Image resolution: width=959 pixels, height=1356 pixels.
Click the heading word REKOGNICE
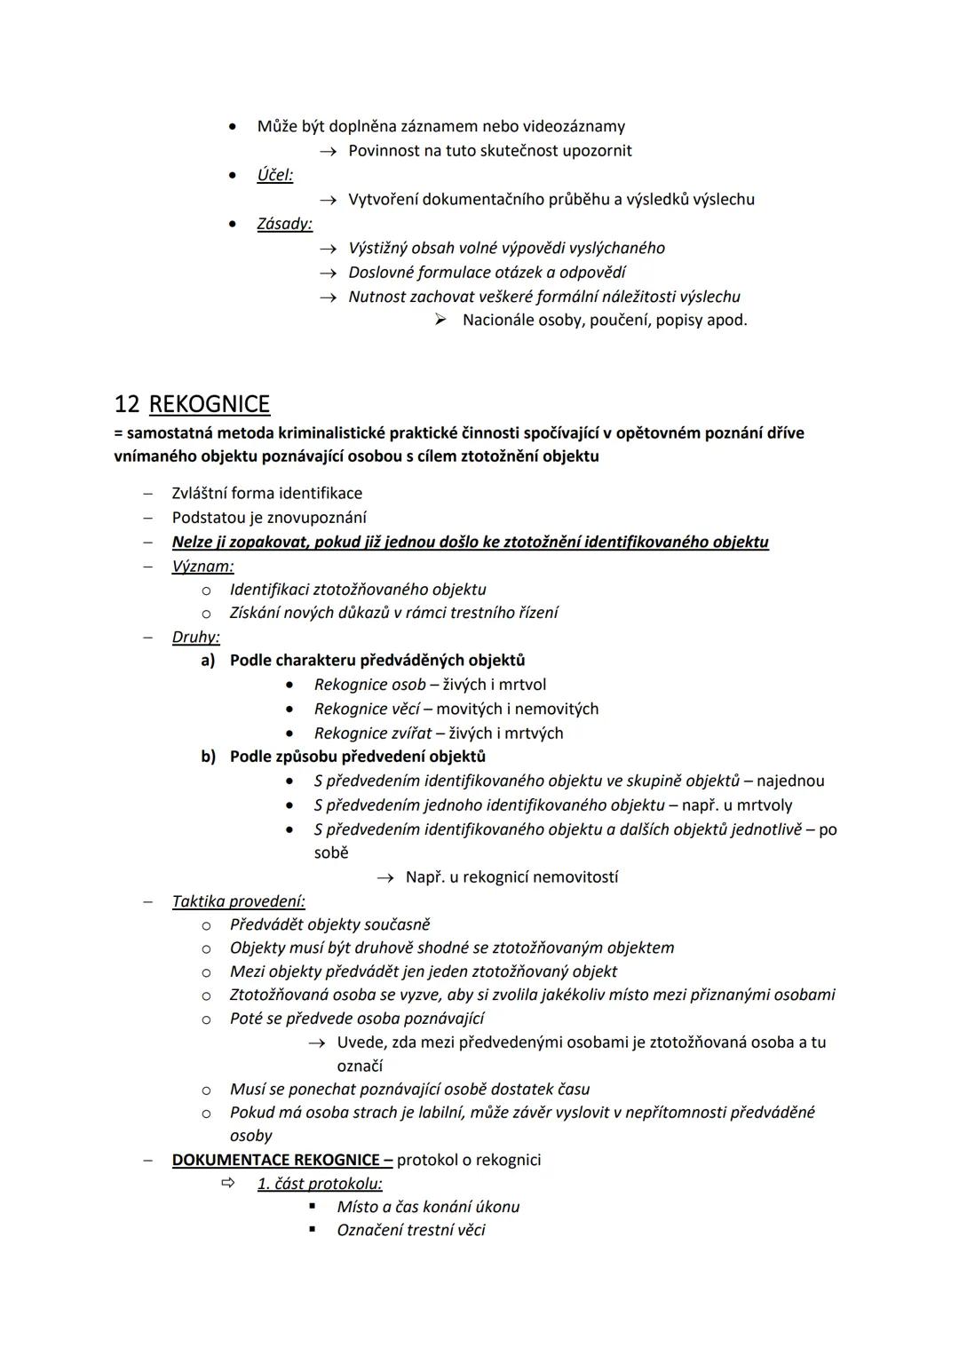tap(210, 405)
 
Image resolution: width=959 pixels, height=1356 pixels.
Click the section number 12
tap(126, 405)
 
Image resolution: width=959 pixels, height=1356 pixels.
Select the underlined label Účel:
tap(275, 175)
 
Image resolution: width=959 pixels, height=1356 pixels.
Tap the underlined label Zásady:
tap(285, 224)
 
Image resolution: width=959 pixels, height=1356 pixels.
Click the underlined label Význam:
tap(203, 566)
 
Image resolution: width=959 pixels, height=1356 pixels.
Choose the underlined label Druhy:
tap(196, 637)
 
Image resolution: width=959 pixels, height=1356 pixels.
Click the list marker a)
tap(208, 661)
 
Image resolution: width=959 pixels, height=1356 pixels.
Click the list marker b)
tap(208, 757)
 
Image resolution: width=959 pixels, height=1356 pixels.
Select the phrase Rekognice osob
tap(369, 685)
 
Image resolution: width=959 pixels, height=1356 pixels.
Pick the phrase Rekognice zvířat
tap(373, 734)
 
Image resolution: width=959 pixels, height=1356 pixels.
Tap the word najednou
tap(790, 781)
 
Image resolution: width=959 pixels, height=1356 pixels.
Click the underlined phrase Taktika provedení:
tap(239, 901)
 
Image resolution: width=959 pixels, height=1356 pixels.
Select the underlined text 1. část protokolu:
tap(320, 1184)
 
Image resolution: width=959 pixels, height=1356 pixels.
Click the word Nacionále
tap(498, 320)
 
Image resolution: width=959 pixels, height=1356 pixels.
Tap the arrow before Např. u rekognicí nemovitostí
tap(384, 877)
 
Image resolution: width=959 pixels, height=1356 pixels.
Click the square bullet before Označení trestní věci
tap(313, 1230)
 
